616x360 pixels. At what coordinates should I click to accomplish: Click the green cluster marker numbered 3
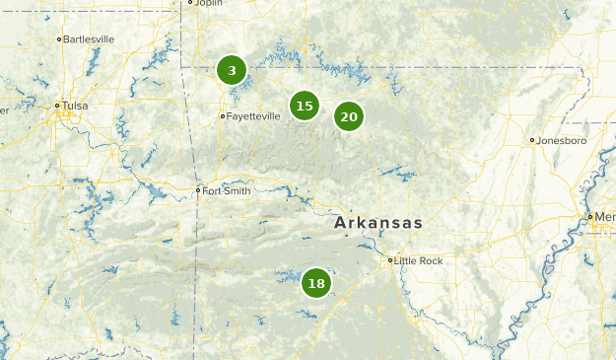coord(232,70)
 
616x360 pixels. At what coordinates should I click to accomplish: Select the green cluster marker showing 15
coord(305,106)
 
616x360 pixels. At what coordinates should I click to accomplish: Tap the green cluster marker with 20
coord(348,116)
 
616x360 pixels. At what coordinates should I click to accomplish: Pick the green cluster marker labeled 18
coord(315,283)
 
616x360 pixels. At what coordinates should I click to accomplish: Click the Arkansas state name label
coord(378,223)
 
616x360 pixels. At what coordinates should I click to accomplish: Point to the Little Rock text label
coord(419,260)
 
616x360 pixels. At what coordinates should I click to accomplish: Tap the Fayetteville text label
coord(253,115)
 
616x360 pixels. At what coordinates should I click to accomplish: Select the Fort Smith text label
coord(227,190)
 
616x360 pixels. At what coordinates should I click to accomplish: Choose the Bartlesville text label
coord(90,39)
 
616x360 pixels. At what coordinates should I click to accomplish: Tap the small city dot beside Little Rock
coord(389,260)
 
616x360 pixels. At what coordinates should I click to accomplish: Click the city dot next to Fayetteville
coord(223,115)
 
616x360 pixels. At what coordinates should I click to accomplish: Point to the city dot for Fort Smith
coord(198,190)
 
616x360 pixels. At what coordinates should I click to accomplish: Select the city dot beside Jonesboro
coord(532,140)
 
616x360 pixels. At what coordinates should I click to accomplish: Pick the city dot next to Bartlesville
coord(60,39)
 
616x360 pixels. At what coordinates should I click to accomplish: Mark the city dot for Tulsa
coord(58,105)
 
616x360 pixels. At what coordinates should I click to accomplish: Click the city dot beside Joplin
coord(190,3)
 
